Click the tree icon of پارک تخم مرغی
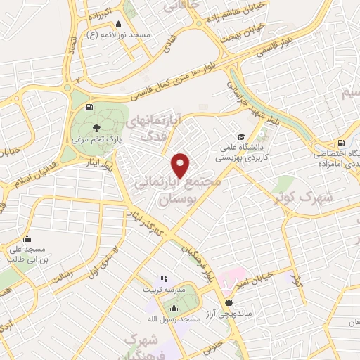96,127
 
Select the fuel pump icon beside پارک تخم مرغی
88,108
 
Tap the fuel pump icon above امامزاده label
342,142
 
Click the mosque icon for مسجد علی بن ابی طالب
27,238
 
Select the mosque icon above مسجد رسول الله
174,307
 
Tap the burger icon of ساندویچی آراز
228,303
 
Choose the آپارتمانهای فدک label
153,127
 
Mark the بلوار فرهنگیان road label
198,259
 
